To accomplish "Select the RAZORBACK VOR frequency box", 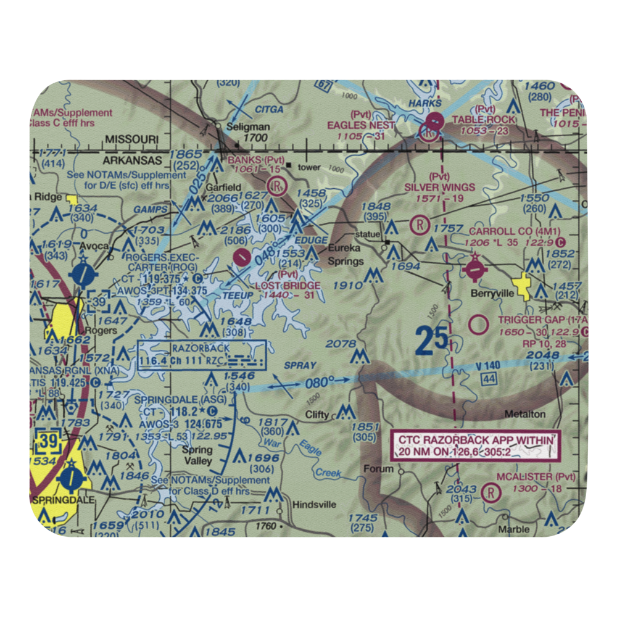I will [x=202, y=354].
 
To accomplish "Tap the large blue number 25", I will [x=432, y=341].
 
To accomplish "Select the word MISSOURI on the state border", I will [x=131, y=139].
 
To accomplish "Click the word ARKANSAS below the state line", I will [x=132, y=158].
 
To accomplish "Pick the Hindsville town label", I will [x=315, y=504].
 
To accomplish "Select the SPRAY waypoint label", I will [x=300, y=365].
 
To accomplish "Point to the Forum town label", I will [x=378, y=468].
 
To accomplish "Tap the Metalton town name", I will [x=524, y=414].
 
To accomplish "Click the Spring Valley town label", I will [x=197, y=455].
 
